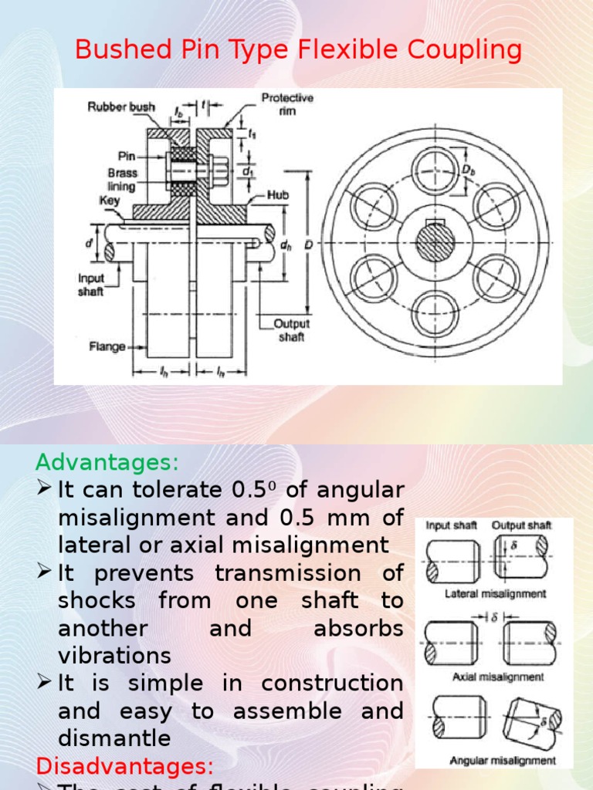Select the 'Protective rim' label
click(x=286, y=103)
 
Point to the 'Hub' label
click(x=279, y=196)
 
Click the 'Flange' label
click(x=107, y=346)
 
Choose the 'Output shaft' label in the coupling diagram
click(x=292, y=330)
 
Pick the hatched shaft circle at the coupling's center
click(x=437, y=244)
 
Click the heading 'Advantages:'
click(x=107, y=463)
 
